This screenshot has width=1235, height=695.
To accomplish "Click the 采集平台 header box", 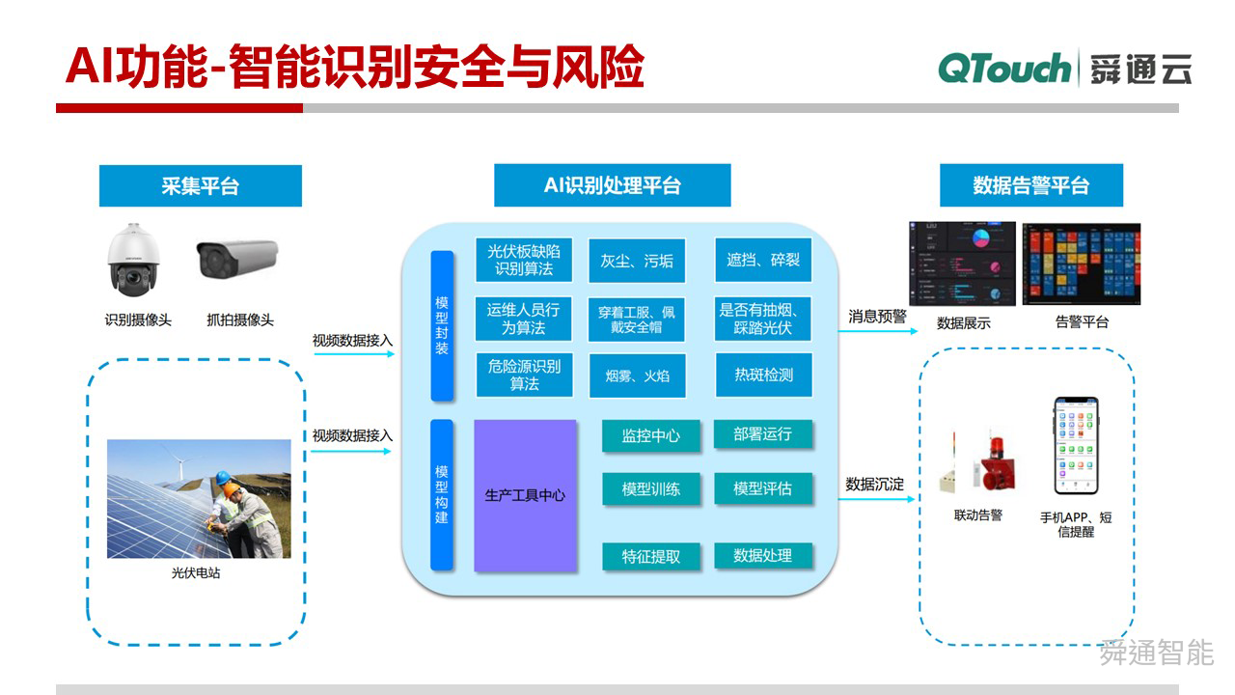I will (200, 185).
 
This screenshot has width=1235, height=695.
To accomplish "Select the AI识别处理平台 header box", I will (612, 185).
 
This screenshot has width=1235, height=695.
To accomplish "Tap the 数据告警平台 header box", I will (1030, 185).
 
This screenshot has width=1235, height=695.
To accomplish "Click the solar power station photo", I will (199, 499).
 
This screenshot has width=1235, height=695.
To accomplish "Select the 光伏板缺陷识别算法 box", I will (523, 261).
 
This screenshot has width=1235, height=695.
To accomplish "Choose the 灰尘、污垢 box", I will (637, 261).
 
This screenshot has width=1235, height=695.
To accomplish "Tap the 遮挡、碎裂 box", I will (763, 261).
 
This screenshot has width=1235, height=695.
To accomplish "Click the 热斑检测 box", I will (763, 375).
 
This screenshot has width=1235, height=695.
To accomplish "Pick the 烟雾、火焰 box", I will (637, 375).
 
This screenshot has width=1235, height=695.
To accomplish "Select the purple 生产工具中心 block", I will (525, 495).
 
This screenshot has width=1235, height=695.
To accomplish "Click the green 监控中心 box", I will (650, 435).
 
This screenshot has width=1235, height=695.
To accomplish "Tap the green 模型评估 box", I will (762, 488).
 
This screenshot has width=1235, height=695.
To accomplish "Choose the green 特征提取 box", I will (650, 556).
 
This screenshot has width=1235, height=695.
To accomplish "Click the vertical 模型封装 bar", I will (442, 325).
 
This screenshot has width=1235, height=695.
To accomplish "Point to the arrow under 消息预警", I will (877, 331).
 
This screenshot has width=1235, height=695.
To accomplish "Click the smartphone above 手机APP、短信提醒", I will (1075, 445).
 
